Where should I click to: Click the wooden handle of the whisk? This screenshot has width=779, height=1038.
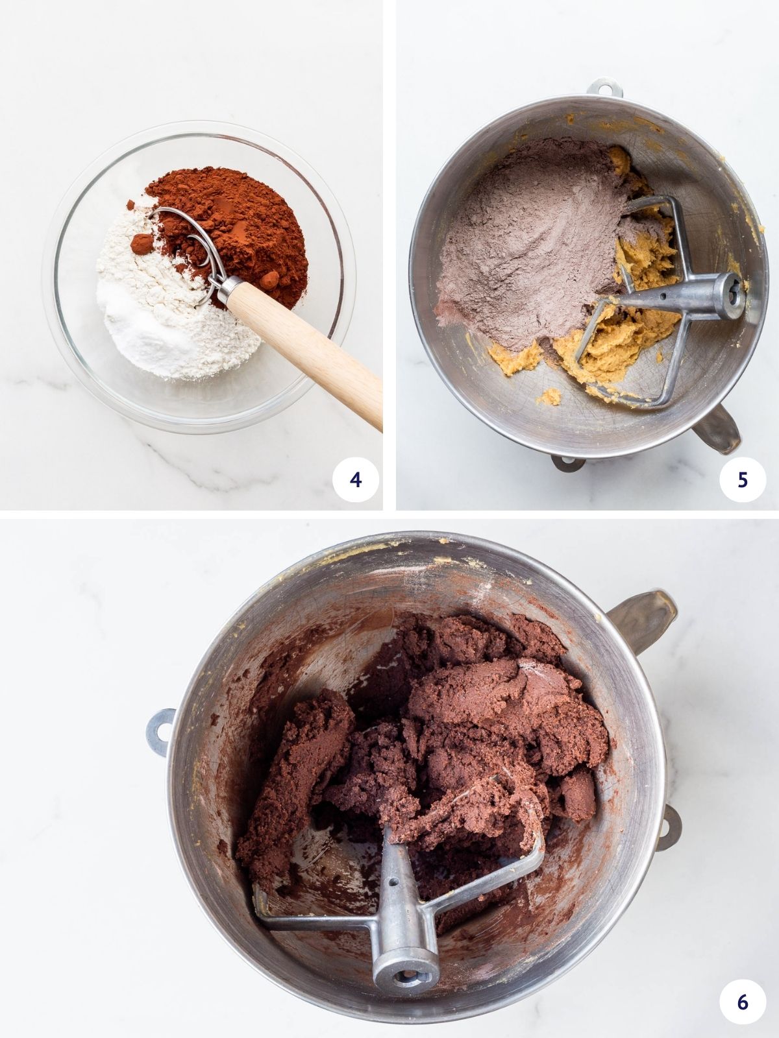pyautogui.click(x=312, y=350)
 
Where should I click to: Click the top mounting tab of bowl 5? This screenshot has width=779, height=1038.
pyautogui.click(x=602, y=86)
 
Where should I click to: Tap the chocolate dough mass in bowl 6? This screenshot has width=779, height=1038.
pyautogui.click(x=467, y=733)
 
